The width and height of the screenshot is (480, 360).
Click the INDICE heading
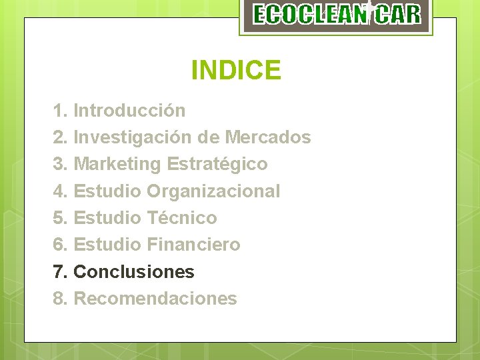[x=236, y=70]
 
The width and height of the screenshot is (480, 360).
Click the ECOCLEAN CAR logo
[x=337, y=15]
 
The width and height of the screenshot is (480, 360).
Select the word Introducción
[x=129, y=110]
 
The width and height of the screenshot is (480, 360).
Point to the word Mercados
[x=268, y=137]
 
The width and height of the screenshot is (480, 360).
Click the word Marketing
[x=117, y=164]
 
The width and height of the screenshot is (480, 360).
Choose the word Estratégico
[x=217, y=164]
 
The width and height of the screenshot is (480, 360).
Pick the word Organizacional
[x=213, y=191]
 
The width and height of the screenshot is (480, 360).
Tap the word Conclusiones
[x=134, y=272]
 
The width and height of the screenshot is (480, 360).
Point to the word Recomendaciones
[x=155, y=299]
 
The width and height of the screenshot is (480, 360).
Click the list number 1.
[x=59, y=110]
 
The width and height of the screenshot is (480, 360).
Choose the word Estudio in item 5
[x=107, y=218]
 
